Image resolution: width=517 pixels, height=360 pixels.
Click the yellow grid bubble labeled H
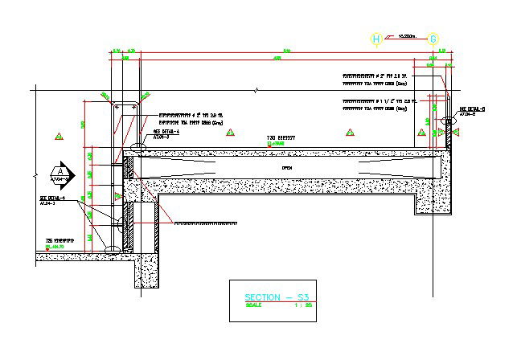pos(376,39)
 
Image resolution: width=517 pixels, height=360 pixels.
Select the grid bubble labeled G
pos(433,39)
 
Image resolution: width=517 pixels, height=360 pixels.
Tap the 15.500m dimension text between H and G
pos(405,36)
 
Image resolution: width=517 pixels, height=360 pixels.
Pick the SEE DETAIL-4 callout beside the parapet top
pos(164,132)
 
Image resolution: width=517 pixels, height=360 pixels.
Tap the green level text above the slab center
pos(281,143)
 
